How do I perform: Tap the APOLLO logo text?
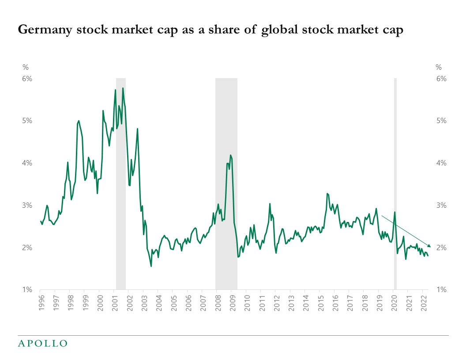pos(42,343)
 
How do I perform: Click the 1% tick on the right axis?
pos(441,290)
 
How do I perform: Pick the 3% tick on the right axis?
pos(441,205)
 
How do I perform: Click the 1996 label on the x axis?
pos(40,304)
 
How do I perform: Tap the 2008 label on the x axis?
pos(217,304)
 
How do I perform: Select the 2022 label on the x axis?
pos(422,304)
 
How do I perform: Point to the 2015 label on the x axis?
pos(319,304)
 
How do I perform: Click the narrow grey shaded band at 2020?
pos(395,176)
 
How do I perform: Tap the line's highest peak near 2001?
pos(123,88)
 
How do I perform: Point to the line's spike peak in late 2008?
pos(230,155)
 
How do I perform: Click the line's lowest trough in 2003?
pos(151,266)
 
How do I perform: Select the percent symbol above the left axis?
pos(25,67)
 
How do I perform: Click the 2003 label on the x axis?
pos(143,304)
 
